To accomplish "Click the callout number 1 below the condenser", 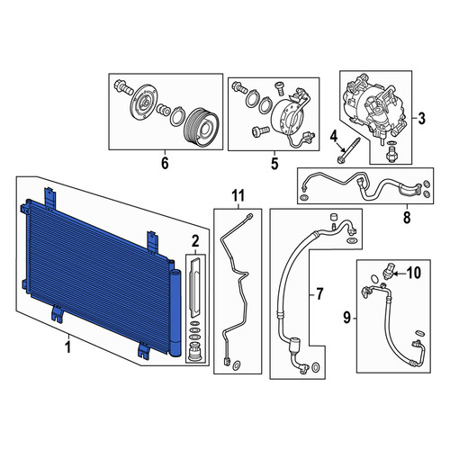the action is coord(68,347).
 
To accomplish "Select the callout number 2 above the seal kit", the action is coord(195,240).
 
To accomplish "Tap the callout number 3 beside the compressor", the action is coord(421,119).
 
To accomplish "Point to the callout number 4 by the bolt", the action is coord(334,137).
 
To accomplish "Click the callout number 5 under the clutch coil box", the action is coord(274,164).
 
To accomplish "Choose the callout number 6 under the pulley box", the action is coord(165,163).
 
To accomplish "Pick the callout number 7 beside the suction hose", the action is coord(319,293).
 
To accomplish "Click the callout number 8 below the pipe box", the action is coord(407,217).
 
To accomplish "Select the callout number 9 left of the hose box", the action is coord(346,318).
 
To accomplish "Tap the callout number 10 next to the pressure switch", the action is coord(413,273).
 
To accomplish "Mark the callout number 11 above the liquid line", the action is coord(238,195).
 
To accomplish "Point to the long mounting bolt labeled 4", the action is coord(348,150).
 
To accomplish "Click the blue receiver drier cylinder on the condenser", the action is coord(176,312).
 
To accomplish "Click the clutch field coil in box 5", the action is coord(285,118).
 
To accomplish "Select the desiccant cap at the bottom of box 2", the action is coord(194,353).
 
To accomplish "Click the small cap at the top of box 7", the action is coord(333,217).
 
